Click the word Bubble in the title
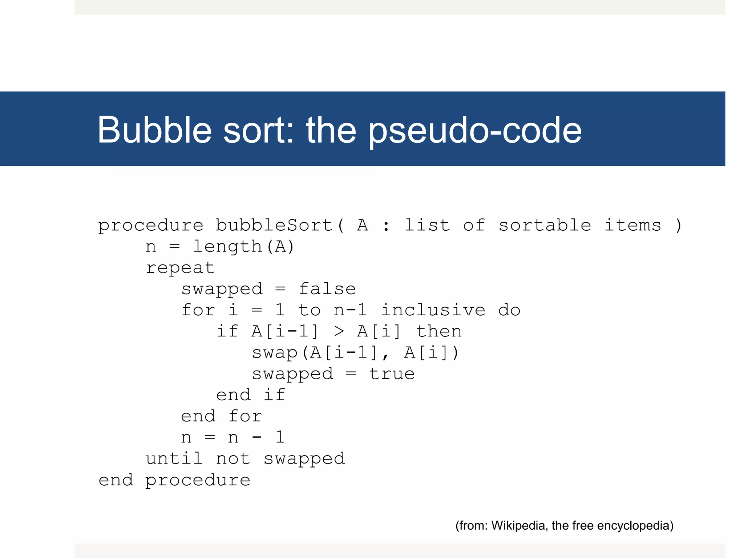coord(154,130)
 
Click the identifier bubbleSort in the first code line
coord(274,225)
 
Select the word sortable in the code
coord(545,225)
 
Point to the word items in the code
coord(632,225)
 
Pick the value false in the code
coord(327,289)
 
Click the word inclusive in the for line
coord(433,310)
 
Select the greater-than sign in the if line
coord(339,331)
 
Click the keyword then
coord(439,331)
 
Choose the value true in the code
coord(392,374)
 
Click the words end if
coord(251,395)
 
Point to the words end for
coord(221,416)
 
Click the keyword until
coord(174,458)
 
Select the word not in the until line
coord(233,458)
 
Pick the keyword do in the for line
coord(509,310)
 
